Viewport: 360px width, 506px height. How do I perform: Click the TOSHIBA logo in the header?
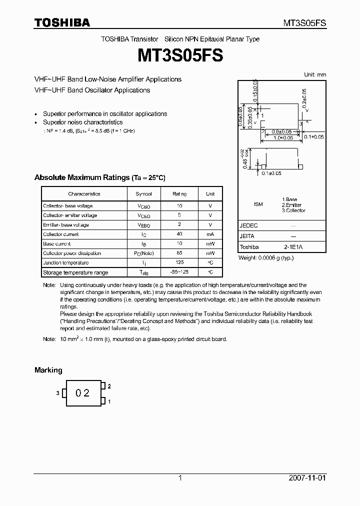point(62,22)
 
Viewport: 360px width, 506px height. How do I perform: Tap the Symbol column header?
point(144,194)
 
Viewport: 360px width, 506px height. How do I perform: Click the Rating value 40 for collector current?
point(180,234)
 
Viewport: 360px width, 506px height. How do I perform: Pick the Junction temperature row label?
point(65,263)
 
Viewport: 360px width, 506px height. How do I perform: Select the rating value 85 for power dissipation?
point(180,253)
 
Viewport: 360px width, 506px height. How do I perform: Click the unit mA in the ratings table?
point(210,234)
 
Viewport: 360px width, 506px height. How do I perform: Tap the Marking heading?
point(48,370)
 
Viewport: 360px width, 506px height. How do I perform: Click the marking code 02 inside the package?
point(82,393)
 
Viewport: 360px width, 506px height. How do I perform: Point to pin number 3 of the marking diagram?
point(57,393)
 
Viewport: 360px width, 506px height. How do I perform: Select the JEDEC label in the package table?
point(248,226)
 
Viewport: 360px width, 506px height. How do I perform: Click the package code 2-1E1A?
point(293,247)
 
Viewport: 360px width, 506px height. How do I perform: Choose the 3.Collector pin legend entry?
point(293,210)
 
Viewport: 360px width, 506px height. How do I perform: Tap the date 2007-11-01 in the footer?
point(307,478)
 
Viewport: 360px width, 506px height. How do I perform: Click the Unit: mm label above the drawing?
point(315,74)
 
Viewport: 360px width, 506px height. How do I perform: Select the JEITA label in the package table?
point(247,236)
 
